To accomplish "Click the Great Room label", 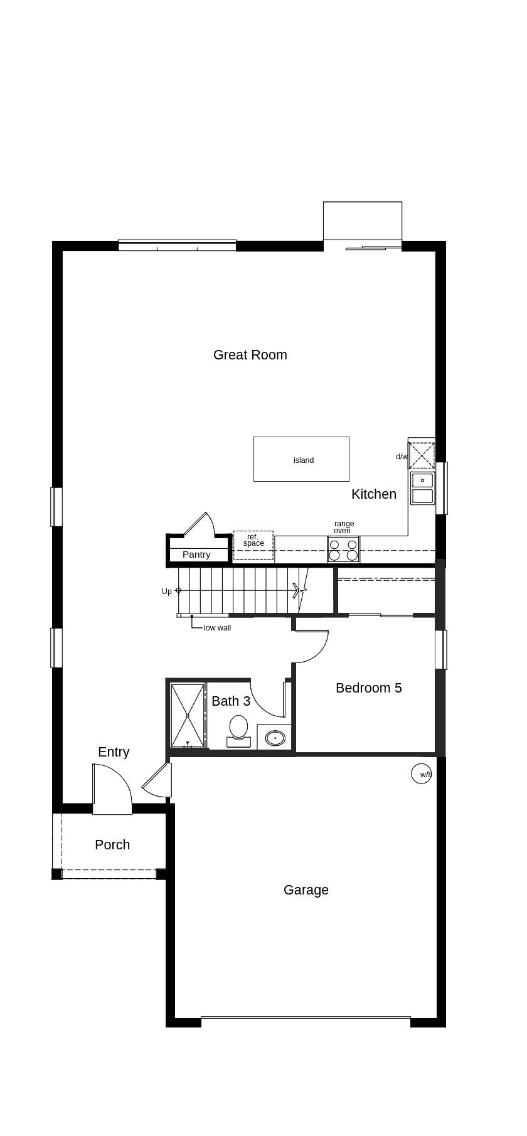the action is [x=250, y=355].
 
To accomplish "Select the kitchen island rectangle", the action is [x=301, y=459].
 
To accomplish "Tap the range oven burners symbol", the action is [x=343, y=549].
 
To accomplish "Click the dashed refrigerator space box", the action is [x=253, y=545].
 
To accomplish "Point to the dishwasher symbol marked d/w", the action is [x=422, y=455].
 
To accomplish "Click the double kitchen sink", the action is [x=423, y=489].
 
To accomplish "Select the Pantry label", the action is [x=196, y=555].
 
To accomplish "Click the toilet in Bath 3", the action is [x=238, y=731].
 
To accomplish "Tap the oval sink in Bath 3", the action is [x=275, y=738].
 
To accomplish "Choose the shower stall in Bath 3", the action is [x=188, y=715].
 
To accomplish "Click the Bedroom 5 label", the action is [x=369, y=688].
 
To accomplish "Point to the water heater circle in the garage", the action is [x=422, y=773].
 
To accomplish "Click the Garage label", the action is [x=306, y=890].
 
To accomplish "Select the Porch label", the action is [x=112, y=845].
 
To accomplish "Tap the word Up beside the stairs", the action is [x=166, y=592].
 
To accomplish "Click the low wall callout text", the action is [x=217, y=628].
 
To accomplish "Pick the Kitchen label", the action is [x=374, y=494].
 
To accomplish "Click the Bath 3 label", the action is [x=231, y=701].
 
